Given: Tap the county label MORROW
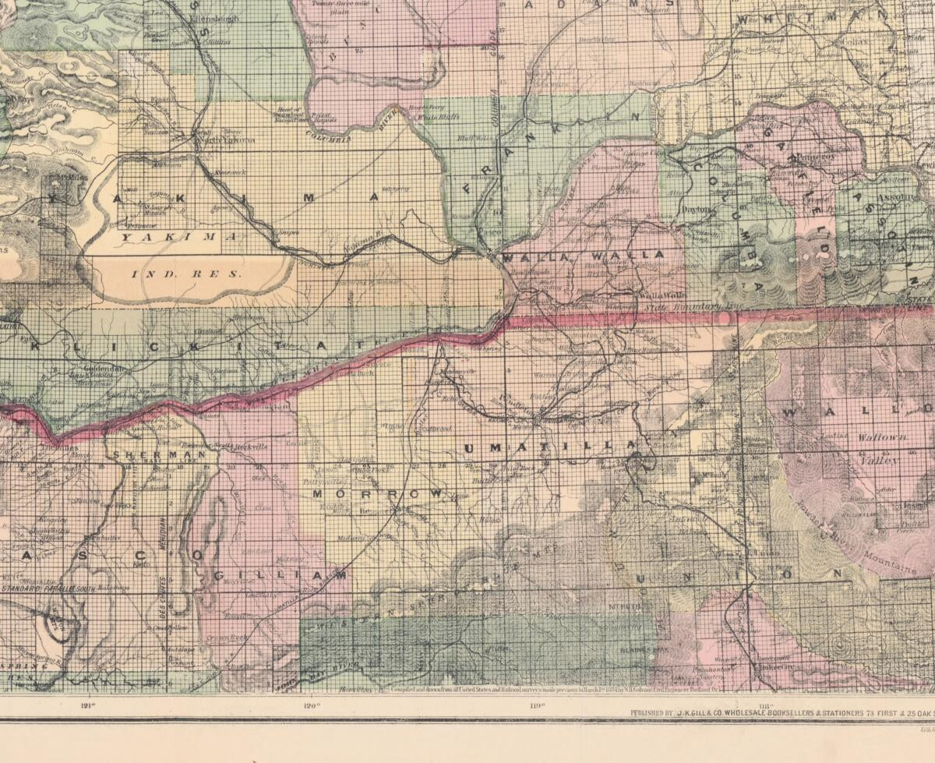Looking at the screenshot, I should click(378, 493).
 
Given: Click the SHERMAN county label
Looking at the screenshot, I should click(159, 453).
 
